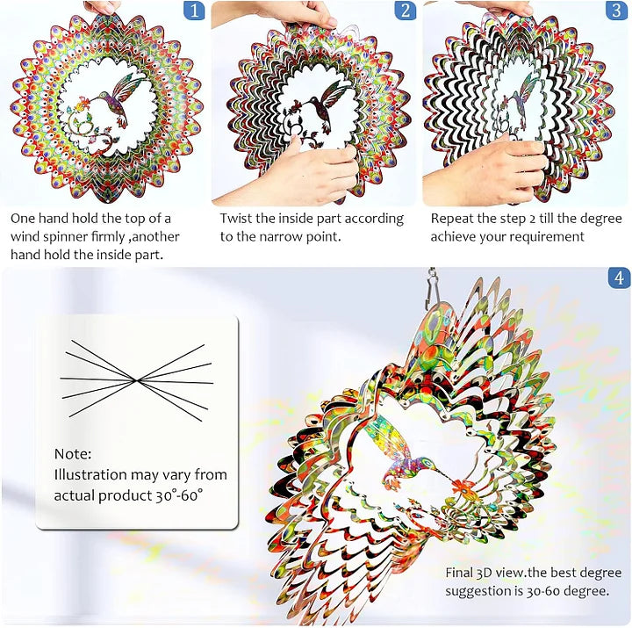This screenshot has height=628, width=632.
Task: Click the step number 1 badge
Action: [x=194, y=11]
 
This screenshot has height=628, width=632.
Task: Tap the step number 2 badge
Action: [x=405, y=11]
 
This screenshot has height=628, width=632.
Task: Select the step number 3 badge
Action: [x=617, y=11]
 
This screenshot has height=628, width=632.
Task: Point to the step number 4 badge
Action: [x=619, y=278]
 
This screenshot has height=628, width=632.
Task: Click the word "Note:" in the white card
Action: [x=72, y=454]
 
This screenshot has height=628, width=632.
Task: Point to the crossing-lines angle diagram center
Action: [x=136, y=379]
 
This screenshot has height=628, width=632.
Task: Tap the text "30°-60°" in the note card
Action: [x=175, y=495]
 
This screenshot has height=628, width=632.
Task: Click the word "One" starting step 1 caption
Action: [x=25, y=219]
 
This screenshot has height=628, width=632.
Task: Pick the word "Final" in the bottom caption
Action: [x=462, y=573]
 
